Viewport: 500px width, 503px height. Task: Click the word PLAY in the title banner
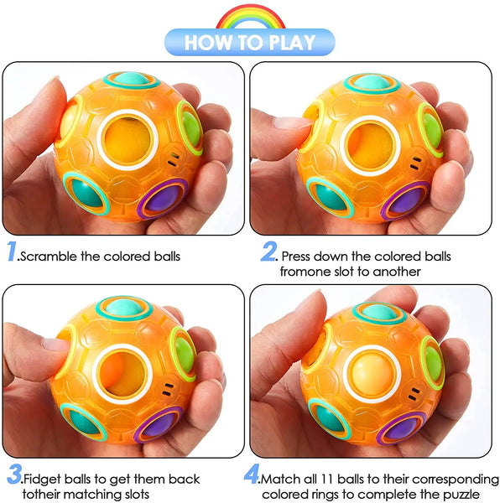click(292, 43)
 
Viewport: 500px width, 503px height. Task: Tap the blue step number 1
click(13, 251)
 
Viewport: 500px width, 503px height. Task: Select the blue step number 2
click(268, 251)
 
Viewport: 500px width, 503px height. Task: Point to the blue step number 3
click(15, 474)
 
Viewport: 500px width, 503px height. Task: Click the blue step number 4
click(252, 474)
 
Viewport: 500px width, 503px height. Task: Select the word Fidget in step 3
click(42, 480)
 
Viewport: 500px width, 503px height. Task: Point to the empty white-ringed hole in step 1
click(128, 140)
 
